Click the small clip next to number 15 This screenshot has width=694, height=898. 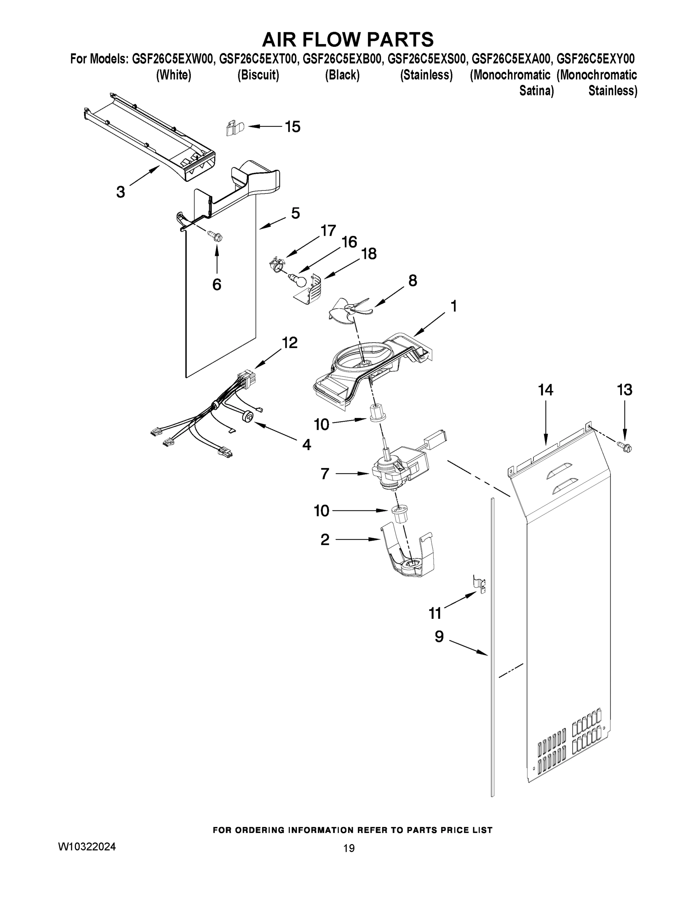[x=234, y=128]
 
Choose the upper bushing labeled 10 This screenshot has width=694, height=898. [x=377, y=412]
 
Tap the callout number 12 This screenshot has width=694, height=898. [x=290, y=342]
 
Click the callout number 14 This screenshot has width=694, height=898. [x=545, y=390]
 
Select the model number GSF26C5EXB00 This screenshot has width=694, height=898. [x=342, y=59]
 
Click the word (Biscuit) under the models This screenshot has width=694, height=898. [x=258, y=75]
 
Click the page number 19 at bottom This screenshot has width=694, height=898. [x=349, y=848]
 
